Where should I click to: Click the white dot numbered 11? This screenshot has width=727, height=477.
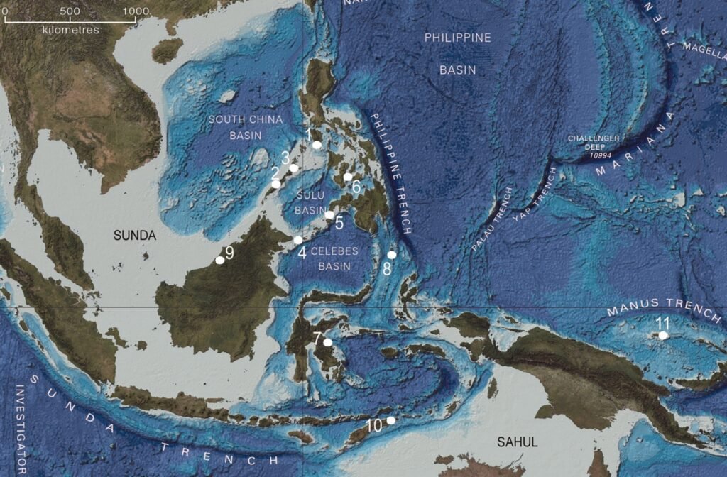point(663,336)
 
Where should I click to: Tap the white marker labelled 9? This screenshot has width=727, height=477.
point(220,261)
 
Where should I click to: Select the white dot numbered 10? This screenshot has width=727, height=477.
point(390,420)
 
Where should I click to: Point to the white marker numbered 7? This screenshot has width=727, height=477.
point(327,342)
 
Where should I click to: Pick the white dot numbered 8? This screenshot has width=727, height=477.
point(392,255)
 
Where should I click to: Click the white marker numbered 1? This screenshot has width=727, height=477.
point(317,145)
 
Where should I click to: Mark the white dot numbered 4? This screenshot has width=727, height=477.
point(298,241)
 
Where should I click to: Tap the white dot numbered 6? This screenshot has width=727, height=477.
point(348,177)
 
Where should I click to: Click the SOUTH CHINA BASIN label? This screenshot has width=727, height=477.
point(246,127)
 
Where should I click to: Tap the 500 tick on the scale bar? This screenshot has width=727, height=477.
point(70,11)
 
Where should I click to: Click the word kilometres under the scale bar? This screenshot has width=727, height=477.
point(70,30)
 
